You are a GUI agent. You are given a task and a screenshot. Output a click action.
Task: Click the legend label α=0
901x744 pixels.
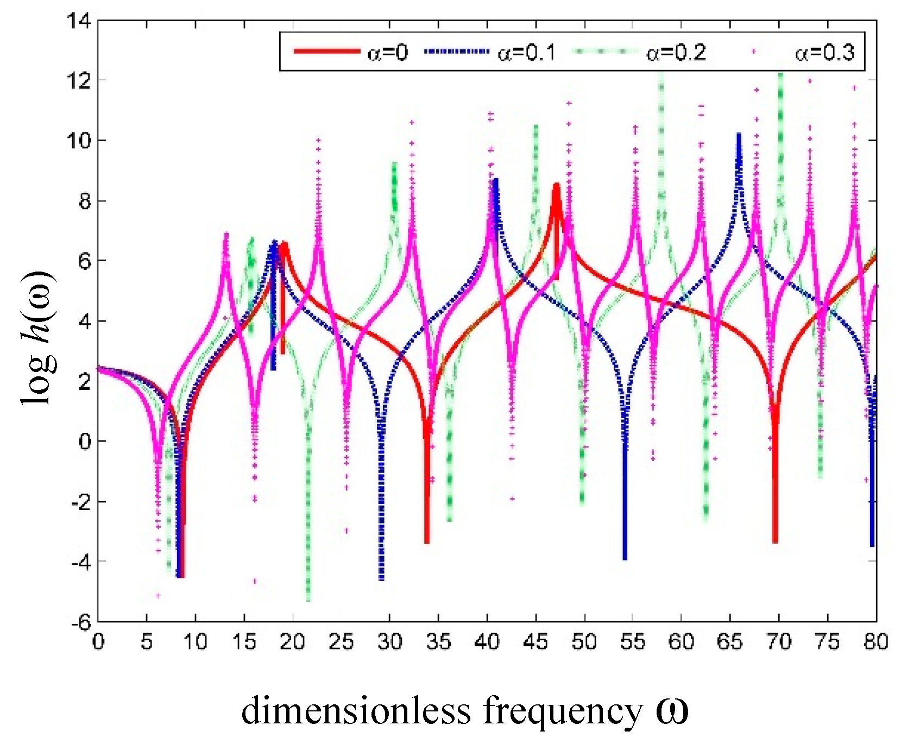tap(387, 53)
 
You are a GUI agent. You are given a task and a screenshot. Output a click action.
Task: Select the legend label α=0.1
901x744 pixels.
tap(526, 53)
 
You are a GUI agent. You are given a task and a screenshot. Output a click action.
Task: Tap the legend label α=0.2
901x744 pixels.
tap(676, 53)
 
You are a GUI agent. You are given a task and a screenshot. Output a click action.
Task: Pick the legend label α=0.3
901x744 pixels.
tap(824, 53)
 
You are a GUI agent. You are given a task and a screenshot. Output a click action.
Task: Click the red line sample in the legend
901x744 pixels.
tap(326, 52)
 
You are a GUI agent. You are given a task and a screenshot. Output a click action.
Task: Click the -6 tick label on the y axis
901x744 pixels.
tap(81, 623)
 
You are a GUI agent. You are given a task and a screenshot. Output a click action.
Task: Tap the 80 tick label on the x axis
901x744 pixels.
tap(875, 642)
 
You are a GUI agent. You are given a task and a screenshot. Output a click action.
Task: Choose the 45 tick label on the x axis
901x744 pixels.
tap(535, 642)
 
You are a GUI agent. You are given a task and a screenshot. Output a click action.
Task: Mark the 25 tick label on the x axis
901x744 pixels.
tap(341, 642)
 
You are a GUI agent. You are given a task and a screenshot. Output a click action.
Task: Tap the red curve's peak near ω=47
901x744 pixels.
tap(556, 185)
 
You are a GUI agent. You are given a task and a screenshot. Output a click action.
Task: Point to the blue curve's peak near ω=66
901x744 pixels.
tap(739, 134)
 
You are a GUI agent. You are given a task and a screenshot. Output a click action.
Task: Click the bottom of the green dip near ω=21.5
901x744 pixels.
tap(308, 600)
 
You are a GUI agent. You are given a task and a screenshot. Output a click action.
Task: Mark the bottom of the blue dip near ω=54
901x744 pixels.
tap(625, 558)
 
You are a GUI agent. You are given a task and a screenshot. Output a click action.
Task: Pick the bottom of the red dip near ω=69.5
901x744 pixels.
tap(775, 541)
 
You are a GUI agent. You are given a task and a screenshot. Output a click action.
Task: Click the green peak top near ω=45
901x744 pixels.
tap(535, 127)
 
